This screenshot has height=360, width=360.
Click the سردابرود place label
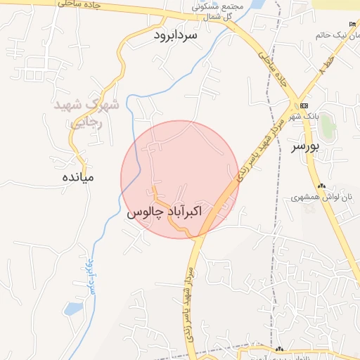[x=176, y=34]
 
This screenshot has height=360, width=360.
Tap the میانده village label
[x=77, y=177]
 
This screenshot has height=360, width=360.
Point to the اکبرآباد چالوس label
[x=165, y=211]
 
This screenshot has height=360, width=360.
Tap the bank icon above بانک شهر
[x=304, y=105]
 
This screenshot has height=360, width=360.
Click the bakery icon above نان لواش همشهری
[x=321, y=186]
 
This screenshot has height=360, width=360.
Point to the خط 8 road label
[x=323, y=72]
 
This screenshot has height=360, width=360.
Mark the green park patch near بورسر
[x=328, y=127]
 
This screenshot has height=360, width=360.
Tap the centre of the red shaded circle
[x=179, y=179]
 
